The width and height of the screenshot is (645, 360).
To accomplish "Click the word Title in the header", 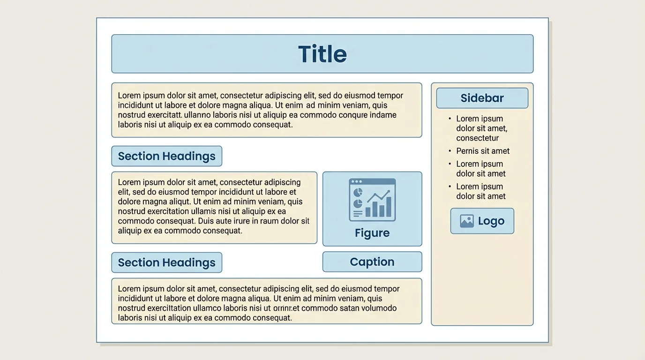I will pos(322,54).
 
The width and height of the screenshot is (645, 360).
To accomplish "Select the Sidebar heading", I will pos(482,98).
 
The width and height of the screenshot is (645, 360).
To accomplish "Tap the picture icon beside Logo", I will pos(467,221).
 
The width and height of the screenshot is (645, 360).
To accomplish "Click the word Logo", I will pos(491,221).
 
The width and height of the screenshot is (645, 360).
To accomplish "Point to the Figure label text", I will pos(372,233).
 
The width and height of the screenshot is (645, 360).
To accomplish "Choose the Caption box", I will pos(372,262).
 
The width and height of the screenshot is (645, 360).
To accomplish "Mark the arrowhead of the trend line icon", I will pos(388,191).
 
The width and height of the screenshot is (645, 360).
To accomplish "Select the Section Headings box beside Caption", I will pos(166,262).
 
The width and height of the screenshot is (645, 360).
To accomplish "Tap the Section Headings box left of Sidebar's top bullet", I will pos(166,156).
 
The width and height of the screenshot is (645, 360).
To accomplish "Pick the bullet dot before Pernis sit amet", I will pos(450,151).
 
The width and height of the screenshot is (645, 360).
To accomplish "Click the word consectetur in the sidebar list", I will pos(477,138).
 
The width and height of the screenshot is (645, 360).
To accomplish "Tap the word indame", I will pos(383,115).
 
